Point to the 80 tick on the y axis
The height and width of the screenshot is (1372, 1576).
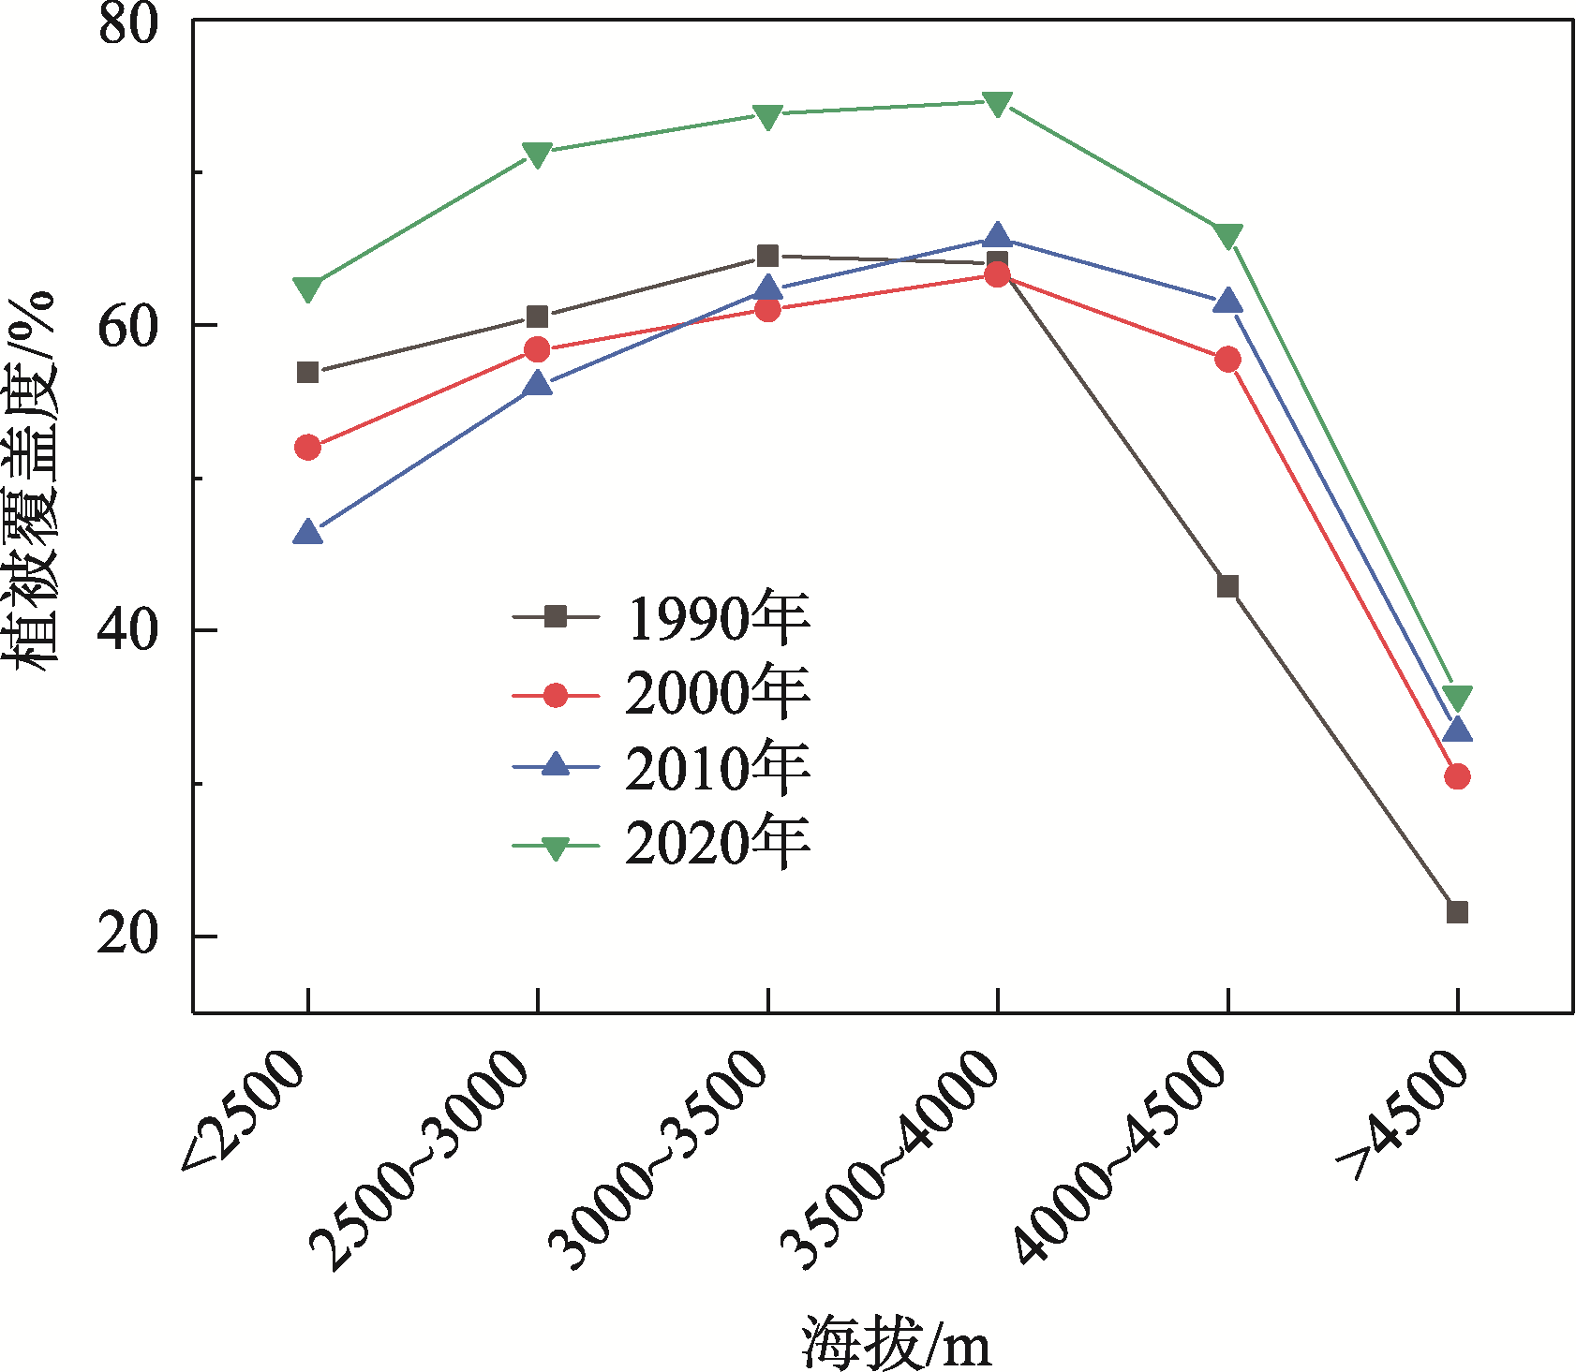point(128,22)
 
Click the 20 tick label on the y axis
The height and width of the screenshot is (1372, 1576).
point(128,935)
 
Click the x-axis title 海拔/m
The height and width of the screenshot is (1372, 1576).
point(896,1344)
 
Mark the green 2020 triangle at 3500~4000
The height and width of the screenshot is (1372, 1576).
point(997,103)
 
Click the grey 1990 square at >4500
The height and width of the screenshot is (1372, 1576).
point(1457,911)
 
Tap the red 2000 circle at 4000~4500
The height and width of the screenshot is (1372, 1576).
point(1227,360)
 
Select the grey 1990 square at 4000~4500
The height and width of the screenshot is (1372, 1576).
point(1227,586)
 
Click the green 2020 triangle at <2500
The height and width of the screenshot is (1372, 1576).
point(307,288)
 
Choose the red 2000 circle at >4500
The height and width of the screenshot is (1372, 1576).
point(1457,776)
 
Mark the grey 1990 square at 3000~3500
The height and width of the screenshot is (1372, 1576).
point(767,256)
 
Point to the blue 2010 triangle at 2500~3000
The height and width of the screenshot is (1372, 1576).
point(538,383)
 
